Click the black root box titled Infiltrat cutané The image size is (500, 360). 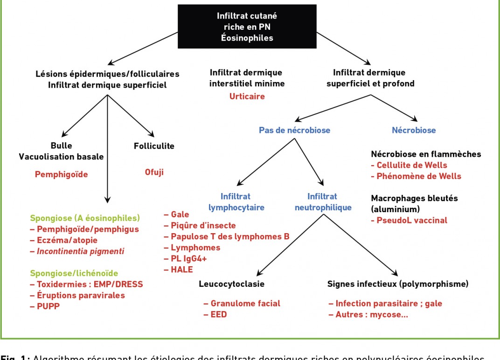247,27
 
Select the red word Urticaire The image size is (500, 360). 247,97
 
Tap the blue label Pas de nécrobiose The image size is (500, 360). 294,130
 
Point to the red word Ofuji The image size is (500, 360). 154,172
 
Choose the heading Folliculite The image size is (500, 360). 154,146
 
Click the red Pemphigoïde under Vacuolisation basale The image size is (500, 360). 61,174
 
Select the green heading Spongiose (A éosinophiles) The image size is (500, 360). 85,218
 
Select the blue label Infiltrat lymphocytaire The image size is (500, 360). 236,202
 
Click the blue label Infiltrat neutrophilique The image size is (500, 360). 322,202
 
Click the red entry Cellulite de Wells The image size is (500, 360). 409,165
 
